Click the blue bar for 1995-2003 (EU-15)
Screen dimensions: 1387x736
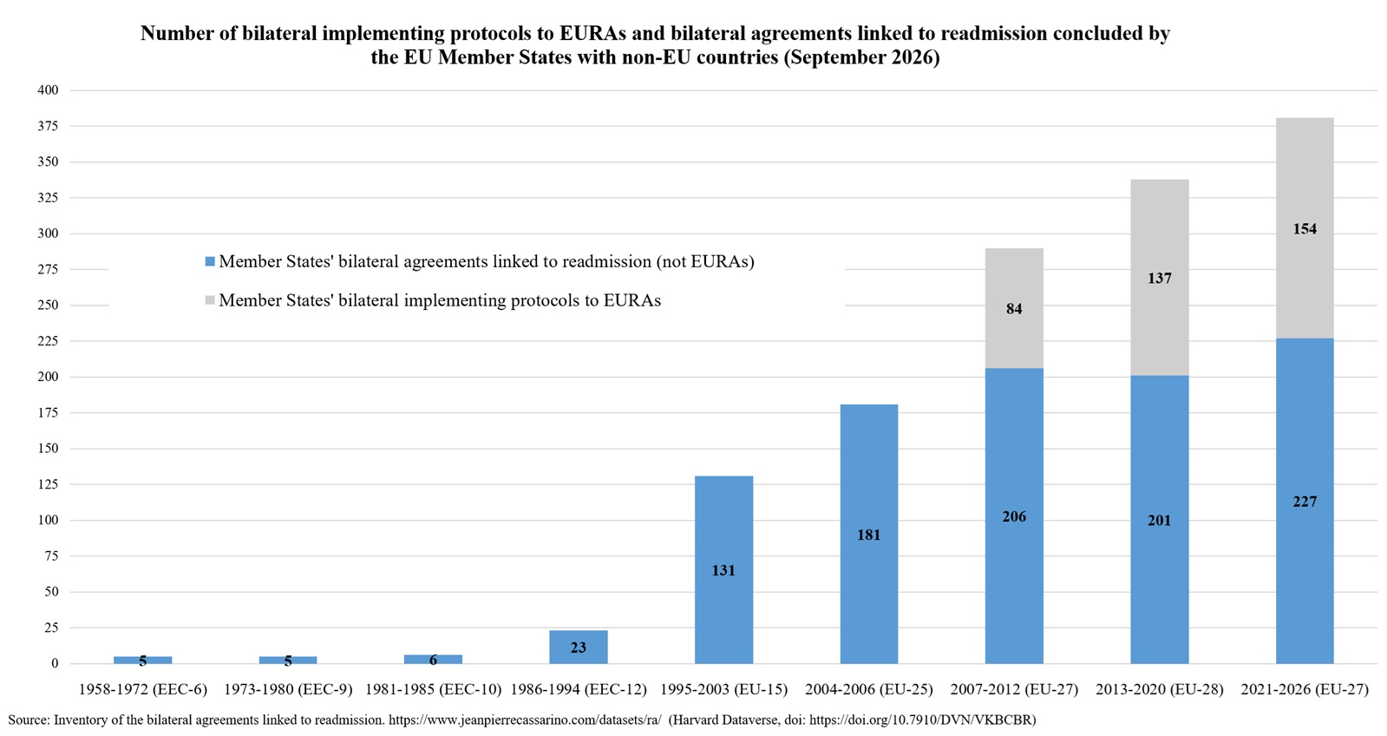coord(723,569)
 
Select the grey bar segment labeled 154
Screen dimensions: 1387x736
coord(1305,228)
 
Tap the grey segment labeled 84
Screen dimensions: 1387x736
coord(1014,308)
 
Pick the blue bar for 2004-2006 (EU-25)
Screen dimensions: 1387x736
coord(869,534)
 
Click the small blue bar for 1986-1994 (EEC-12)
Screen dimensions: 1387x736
coord(579,647)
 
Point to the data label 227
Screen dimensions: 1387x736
coord(1305,501)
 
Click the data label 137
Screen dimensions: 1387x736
coord(1160,278)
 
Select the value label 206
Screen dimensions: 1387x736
coord(1014,516)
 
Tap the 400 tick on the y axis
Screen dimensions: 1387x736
coord(48,90)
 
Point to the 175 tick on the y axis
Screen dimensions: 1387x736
coord(48,412)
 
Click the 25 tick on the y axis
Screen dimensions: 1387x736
coord(51,628)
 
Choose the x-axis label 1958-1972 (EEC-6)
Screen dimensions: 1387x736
coord(142,689)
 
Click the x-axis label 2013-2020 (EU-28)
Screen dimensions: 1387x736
coord(1160,689)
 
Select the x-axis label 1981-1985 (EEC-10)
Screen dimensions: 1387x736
coord(433,689)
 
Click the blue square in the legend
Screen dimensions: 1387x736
coord(210,261)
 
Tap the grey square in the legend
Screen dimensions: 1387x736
coord(210,300)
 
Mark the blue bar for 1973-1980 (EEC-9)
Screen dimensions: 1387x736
coord(288,660)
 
